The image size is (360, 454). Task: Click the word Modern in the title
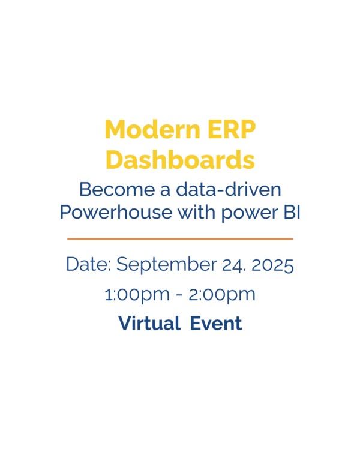(152, 129)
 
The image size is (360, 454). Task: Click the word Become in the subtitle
(116, 189)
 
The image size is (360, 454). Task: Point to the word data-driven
(229, 189)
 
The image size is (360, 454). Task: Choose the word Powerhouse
(116, 212)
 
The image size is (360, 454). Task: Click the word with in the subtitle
(196, 212)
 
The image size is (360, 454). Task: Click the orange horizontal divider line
(180, 239)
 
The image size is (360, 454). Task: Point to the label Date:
(89, 264)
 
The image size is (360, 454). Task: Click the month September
(167, 265)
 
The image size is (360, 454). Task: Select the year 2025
(272, 265)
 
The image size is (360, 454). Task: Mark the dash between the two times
(179, 295)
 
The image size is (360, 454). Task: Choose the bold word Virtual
(149, 323)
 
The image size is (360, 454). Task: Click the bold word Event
(216, 323)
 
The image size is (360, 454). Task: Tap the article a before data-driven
(165, 191)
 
